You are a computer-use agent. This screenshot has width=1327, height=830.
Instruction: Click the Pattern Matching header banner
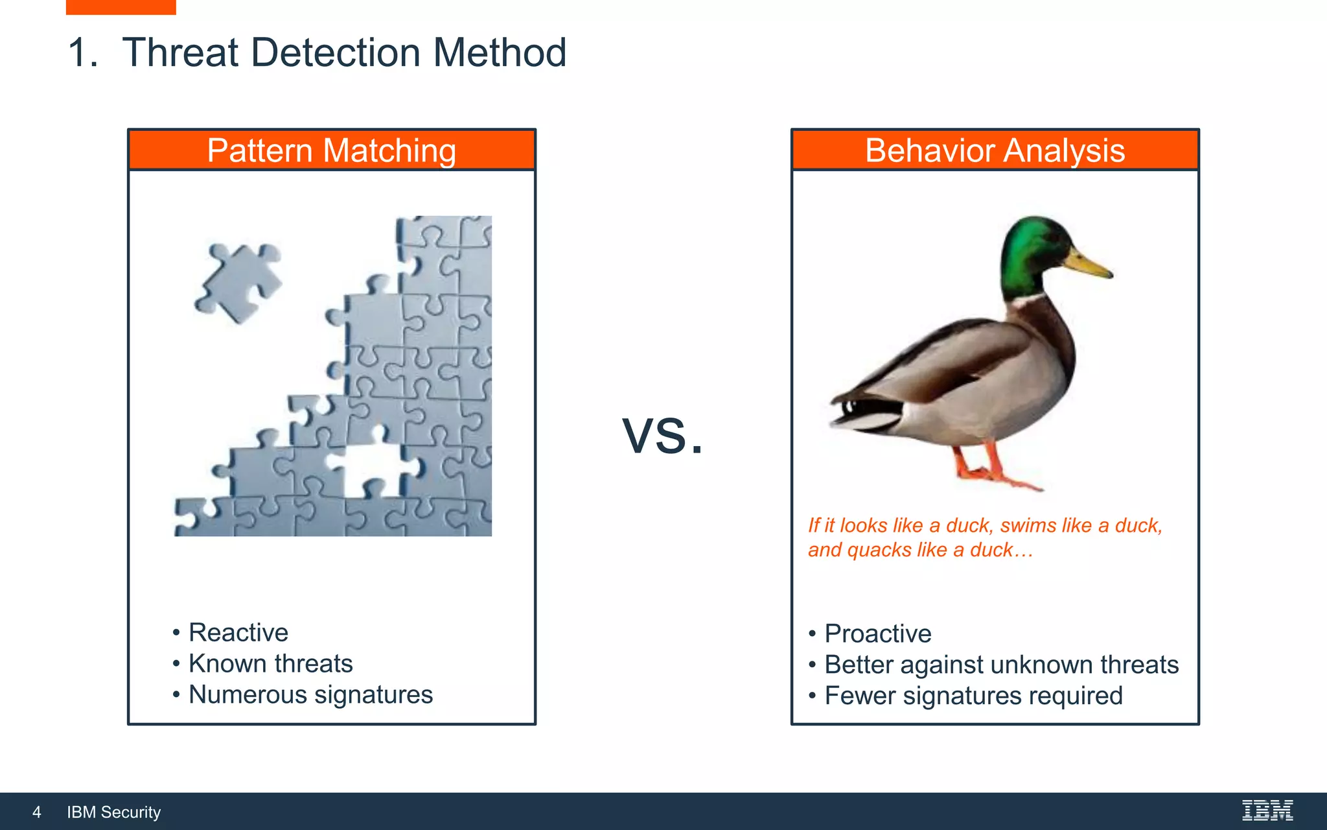[332, 150]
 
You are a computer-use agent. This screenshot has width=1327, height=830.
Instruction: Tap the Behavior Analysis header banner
[995, 150]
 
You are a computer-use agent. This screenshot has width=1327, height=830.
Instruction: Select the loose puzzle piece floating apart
[238, 283]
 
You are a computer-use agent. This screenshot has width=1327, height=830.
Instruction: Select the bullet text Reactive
[238, 632]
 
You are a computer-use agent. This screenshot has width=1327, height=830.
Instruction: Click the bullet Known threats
[270, 663]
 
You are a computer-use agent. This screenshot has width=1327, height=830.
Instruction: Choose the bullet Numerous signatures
[310, 694]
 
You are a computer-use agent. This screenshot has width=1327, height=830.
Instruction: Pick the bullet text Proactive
[877, 634]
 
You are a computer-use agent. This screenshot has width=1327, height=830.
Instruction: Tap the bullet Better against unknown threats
[1001, 665]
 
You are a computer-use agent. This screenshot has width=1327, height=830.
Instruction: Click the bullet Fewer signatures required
[973, 696]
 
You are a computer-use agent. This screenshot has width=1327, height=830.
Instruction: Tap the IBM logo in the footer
[1267, 811]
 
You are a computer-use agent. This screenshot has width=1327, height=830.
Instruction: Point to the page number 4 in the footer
[37, 812]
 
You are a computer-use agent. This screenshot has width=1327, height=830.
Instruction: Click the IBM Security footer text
[114, 812]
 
